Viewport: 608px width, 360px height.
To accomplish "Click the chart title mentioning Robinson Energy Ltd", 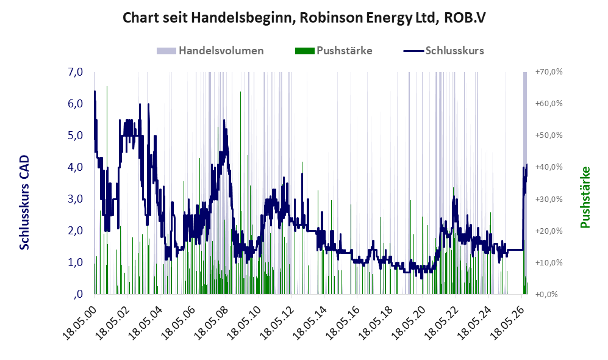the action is [304, 18].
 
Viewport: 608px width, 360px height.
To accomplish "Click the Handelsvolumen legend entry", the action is [210, 51].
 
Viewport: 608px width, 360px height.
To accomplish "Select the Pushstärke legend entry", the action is [334, 51].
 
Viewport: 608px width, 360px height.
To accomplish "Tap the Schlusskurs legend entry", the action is [443, 51].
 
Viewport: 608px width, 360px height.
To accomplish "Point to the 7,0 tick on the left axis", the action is [75, 72].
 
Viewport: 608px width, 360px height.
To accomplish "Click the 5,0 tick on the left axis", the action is [75, 135].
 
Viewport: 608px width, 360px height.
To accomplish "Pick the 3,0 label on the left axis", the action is [75, 199].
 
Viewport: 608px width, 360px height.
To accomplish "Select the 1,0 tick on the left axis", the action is [75, 262].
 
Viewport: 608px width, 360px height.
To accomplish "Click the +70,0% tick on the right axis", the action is [549, 72].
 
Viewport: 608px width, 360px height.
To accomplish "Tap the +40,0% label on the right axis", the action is [549, 167].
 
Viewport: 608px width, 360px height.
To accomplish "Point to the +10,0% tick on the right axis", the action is [549, 262].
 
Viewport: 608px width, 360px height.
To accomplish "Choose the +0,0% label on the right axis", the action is [546, 295].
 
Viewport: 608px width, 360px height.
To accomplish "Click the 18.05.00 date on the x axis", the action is [79, 322].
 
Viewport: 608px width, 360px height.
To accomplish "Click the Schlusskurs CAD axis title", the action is [24, 203].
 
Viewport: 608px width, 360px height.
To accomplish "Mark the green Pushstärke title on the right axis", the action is [585, 198].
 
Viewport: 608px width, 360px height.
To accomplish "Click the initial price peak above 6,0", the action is [95, 92].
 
